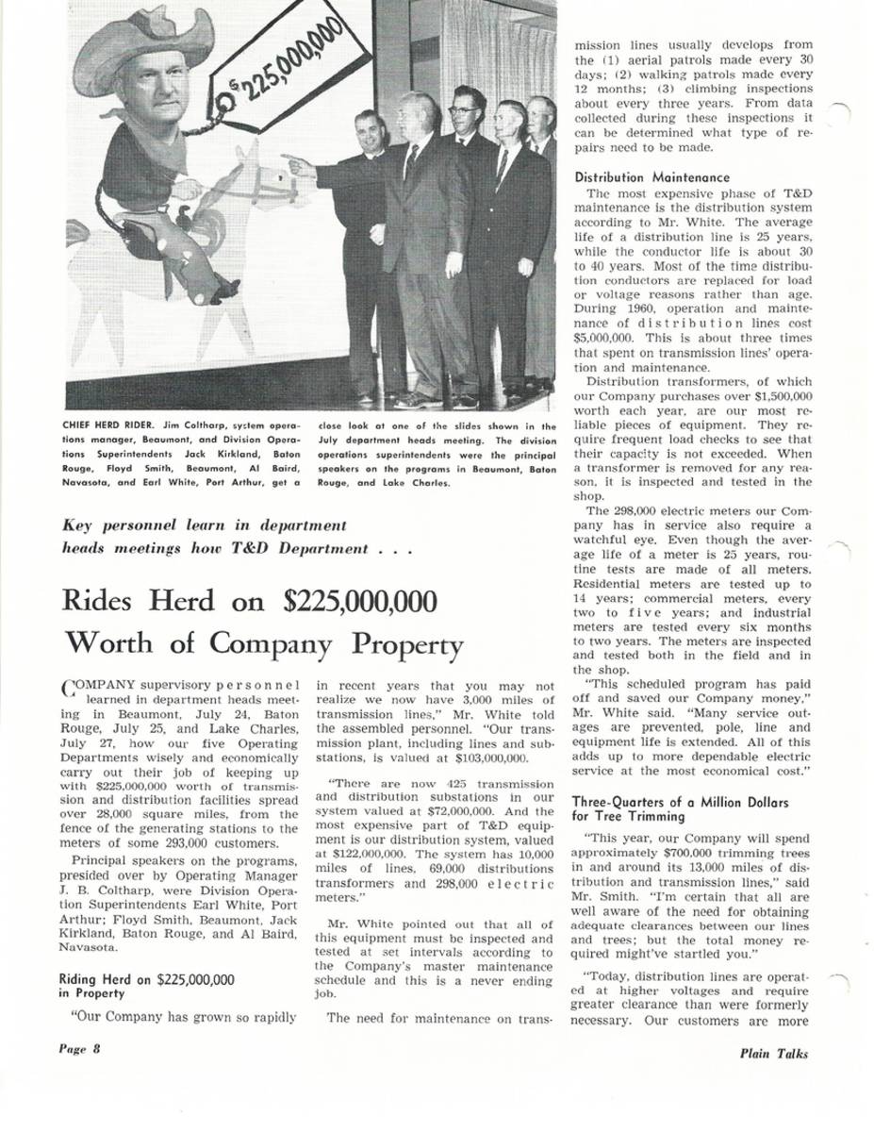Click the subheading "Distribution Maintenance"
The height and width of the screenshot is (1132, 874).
tap(651, 176)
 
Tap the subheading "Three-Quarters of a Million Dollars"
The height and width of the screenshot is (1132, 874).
tap(679, 802)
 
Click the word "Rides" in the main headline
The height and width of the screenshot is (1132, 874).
tap(99, 601)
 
